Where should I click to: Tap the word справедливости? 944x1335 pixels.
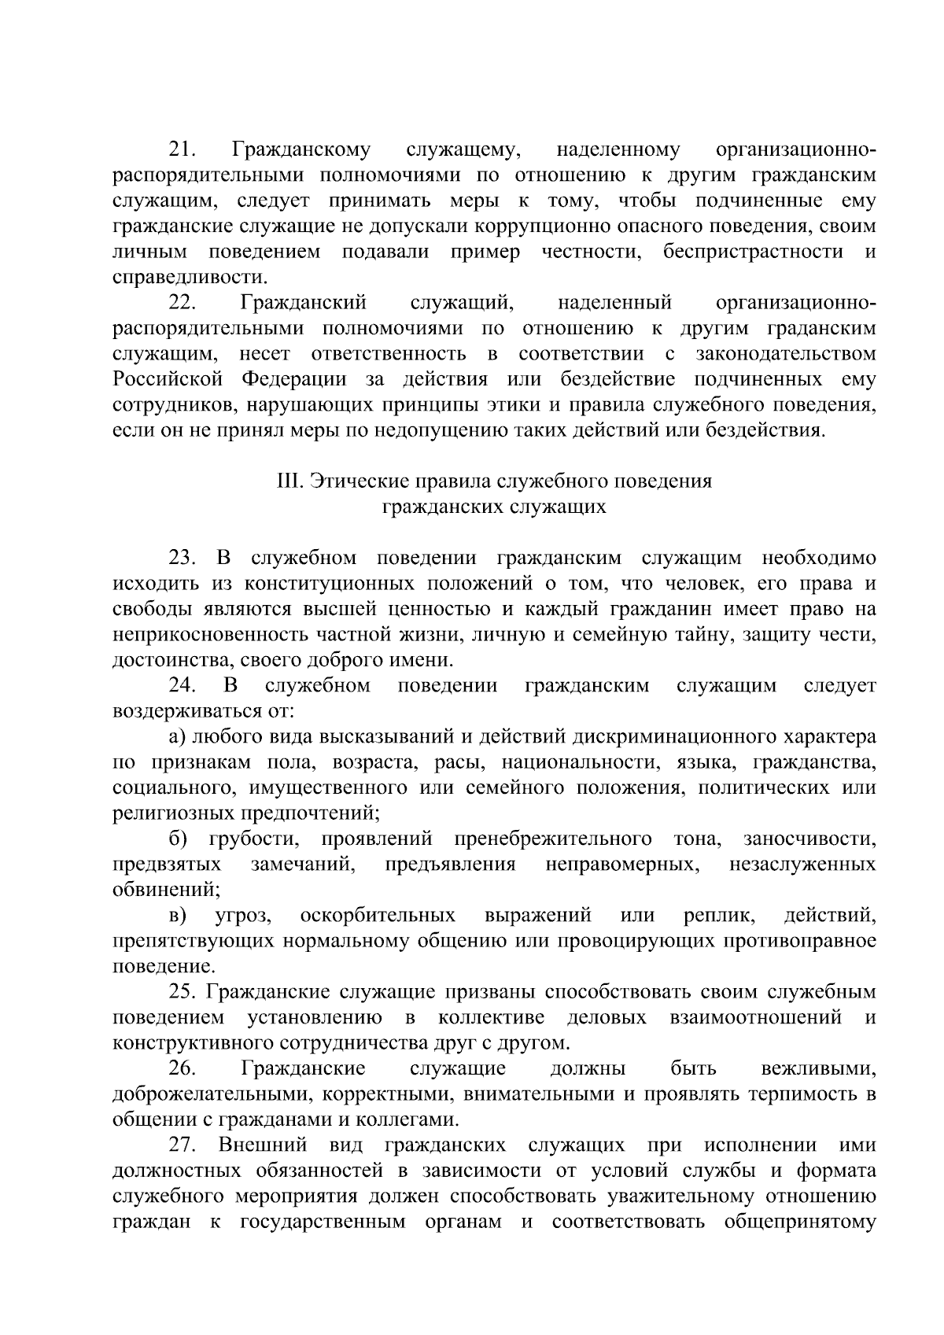coord(190,278)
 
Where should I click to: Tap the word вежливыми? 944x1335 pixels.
coord(819,1070)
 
